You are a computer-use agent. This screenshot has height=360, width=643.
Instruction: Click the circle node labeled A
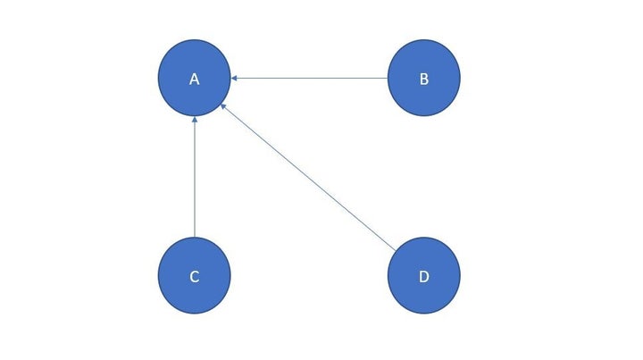[x=195, y=78]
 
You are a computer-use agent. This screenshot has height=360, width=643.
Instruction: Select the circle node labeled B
[x=424, y=78]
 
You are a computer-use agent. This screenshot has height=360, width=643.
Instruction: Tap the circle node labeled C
[x=195, y=275]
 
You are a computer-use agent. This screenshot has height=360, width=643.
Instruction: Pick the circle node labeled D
[x=424, y=275]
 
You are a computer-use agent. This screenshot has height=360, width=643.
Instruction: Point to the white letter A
[x=195, y=80]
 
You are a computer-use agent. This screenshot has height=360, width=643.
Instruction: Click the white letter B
[x=424, y=80]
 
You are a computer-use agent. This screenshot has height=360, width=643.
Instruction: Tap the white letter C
[x=195, y=277]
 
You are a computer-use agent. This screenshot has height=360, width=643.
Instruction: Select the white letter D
[x=424, y=277]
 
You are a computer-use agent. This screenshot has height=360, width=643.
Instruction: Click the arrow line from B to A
[x=309, y=78]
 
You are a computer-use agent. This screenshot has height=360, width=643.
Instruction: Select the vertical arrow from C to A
[x=195, y=177]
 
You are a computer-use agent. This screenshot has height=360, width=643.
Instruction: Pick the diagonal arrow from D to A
[x=308, y=177]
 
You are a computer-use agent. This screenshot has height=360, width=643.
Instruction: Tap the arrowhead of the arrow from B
[x=234, y=78]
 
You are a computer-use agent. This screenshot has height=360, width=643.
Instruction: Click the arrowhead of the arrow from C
[x=195, y=120]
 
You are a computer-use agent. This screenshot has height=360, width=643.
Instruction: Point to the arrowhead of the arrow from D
[x=223, y=106]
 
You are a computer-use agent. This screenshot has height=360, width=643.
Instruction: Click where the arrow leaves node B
[x=388, y=78]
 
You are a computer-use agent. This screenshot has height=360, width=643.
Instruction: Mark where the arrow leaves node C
[x=195, y=237]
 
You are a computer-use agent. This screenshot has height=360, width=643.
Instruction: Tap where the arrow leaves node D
[x=396, y=250]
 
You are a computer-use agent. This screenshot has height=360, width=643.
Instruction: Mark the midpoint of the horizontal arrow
[x=309, y=78]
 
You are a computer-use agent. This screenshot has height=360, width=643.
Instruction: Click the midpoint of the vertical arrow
[x=195, y=177]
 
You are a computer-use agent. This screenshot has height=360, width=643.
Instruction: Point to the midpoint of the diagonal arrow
[x=308, y=177]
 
